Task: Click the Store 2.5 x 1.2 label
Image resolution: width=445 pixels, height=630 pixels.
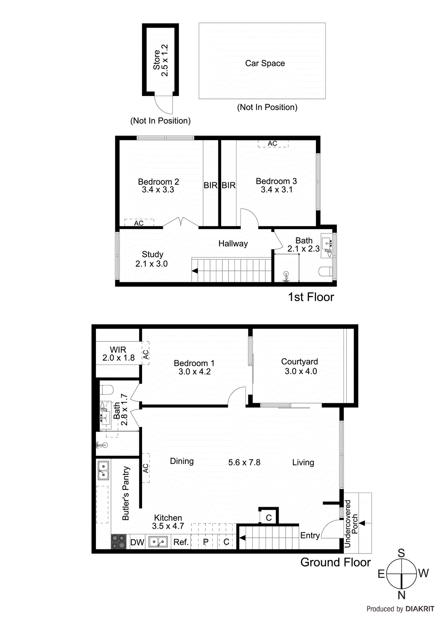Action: click(161, 60)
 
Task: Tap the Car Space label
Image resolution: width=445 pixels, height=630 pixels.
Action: click(265, 63)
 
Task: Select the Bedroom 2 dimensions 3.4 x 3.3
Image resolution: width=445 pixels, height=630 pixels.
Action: click(158, 190)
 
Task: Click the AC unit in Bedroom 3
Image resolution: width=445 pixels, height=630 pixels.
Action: click(273, 144)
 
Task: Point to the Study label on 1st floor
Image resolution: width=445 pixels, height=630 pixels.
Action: click(152, 254)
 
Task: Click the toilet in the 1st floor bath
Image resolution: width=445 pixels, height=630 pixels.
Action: click(325, 271)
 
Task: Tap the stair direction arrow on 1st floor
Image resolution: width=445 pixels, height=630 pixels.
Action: click(195, 271)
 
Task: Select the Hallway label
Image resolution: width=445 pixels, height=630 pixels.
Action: click(233, 244)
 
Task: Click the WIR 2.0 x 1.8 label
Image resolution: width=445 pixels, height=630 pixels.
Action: click(118, 354)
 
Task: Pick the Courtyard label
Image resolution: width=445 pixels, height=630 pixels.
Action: click(299, 361)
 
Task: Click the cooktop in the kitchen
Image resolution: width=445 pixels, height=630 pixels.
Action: click(118, 541)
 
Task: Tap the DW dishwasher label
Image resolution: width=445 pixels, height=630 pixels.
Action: click(137, 542)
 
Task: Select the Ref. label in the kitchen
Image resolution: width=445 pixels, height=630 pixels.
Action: click(181, 542)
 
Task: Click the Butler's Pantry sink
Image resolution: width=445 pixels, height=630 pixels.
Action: click(103, 471)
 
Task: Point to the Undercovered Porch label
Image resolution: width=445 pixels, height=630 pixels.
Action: click(351, 524)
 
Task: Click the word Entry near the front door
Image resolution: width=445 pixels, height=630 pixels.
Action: click(310, 535)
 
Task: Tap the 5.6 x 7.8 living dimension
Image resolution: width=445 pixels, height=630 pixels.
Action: click(244, 462)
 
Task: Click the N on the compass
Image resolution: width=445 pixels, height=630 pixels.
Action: click(401, 595)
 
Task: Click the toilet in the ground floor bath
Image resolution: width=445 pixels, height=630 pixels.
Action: click(107, 389)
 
